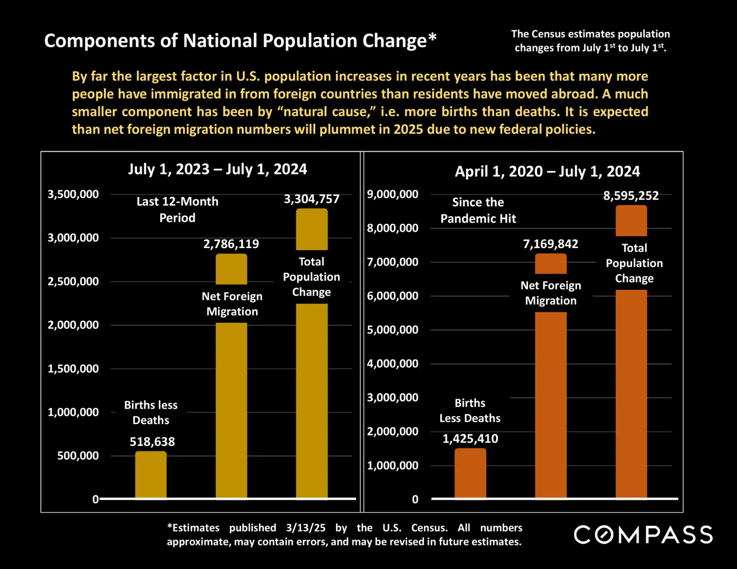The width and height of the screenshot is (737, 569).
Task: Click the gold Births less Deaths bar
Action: click(x=151, y=474)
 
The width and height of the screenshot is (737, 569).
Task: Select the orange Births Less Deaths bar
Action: click(x=470, y=473)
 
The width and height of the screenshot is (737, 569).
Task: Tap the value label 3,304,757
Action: click(x=311, y=199)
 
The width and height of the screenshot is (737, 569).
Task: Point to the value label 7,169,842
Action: click(x=550, y=244)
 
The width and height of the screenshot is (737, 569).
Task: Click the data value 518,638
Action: click(x=152, y=441)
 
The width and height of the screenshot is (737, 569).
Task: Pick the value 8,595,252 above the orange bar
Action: click(x=631, y=196)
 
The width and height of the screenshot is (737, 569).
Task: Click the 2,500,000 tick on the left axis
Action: click(x=73, y=282)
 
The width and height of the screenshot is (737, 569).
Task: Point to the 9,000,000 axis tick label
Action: click(x=393, y=194)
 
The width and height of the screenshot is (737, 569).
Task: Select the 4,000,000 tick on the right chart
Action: click(x=393, y=363)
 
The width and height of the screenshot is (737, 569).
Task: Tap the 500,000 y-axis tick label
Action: click(x=78, y=456)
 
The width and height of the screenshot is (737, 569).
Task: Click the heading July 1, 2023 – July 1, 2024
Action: click(x=217, y=169)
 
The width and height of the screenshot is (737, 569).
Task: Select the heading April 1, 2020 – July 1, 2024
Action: click(x=547, y=171)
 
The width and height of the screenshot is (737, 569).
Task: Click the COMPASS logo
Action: click(x=643, y=535)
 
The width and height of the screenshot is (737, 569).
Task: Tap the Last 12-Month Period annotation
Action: click(x=177, y=209)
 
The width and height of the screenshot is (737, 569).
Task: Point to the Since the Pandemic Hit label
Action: click(x=478, y=210)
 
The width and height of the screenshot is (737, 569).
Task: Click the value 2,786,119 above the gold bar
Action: click(x=231, y=244)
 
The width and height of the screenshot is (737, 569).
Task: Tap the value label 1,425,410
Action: click(x=470, y=438)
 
